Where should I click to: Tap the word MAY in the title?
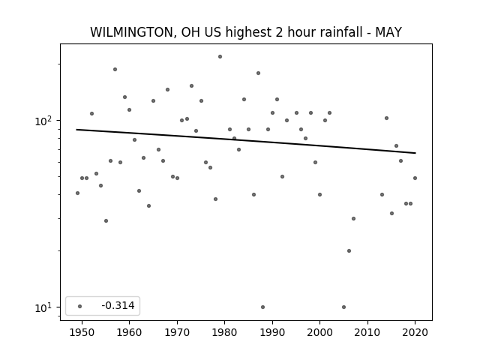[x=388, y=32]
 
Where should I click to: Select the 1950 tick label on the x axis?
[x=82, y=332]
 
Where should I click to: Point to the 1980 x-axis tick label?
[x=224, y=332]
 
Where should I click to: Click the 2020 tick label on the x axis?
[x=415, y=332]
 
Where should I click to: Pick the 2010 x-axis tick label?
[x=367, y=332]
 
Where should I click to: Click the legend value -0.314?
[x=118, y=305]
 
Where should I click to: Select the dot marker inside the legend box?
[x=80, y=306]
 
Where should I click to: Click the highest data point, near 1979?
[x=220, y=57]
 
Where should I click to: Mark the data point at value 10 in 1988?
[x=262, y=307]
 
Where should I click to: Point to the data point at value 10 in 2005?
[x=343, y=307]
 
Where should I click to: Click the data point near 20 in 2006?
[x=349, y=250]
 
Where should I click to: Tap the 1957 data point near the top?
[x=115, y=70]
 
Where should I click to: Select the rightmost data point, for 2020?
[x=415, y=178]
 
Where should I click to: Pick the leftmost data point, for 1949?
[x=77, y=193]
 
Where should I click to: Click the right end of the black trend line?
[x=415, y=153]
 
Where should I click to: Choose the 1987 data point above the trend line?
[x=258, y=73]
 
